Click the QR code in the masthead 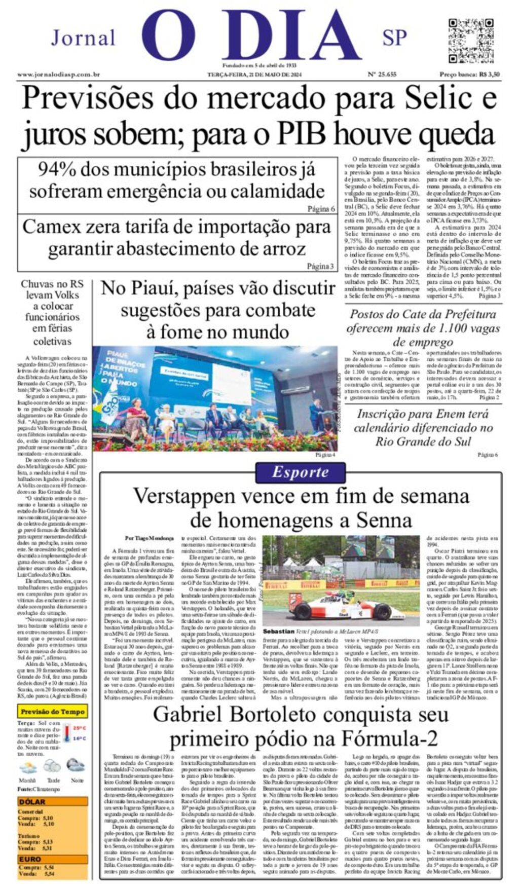pyautogui.click(x=471, y=41)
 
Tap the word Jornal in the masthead pyautogui.click(x=84, y=38)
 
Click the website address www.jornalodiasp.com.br pyautogui.click(x=58, y=75)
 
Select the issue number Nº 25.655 pyautogui.click(x=382, y=75)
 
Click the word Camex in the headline pyautogui.click(x=52, y=227)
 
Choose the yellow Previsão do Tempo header pyautogui.click(x=53, y=712)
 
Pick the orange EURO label pyautogui.click(x=30, y=859)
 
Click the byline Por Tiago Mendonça pyautogui.click(x=149, y=538)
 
